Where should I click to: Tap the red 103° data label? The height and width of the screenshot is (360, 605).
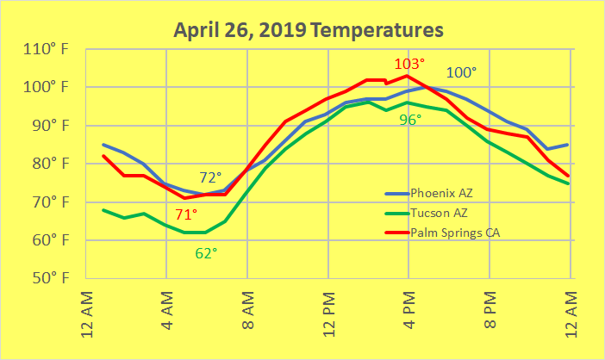pos(409,64)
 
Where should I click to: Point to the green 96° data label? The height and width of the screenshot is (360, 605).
pos(409,120)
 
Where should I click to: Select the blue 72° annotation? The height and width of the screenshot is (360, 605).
pos(212,177)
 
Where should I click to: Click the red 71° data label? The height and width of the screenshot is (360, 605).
pos(186,214)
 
